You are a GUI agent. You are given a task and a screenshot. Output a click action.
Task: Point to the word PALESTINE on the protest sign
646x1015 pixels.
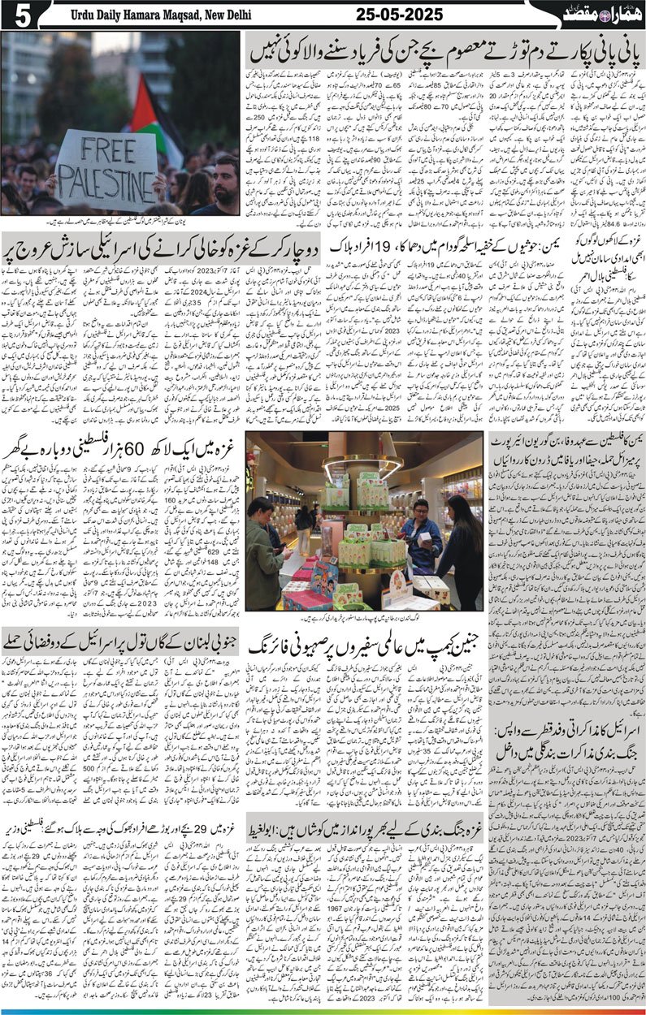point(106,179)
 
